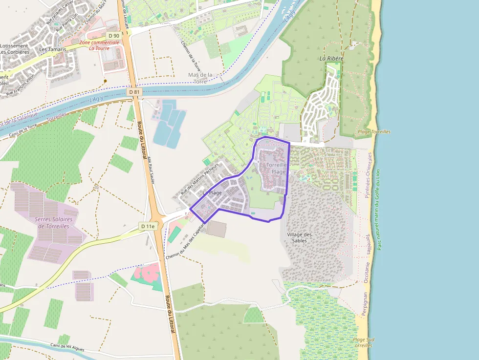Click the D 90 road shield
coord(114,36)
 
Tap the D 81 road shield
coord(134,92)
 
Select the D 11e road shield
coord(147,226)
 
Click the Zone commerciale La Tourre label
coord(99,45)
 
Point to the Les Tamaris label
coord(50,49)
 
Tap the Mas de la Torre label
coord(200,78)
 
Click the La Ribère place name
coord(331,58)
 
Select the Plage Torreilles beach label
coord(374,132)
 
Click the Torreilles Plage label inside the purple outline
coord(276,169)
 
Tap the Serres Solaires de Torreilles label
coord(53,223)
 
